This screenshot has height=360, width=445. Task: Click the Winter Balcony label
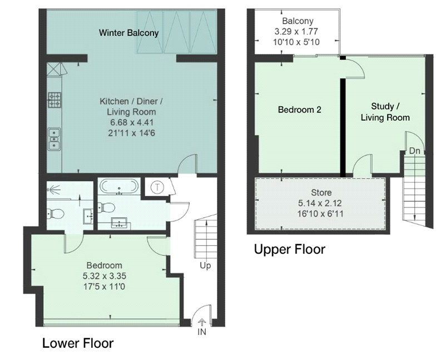pyautogui.click(x=128, y=33)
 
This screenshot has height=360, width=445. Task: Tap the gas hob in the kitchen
pyautogui.click(x=54, y=100)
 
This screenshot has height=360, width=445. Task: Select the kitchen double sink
pyautogui.click(x=54, y=139)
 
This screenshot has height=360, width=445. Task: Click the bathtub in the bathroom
pyautogui.click(x=119, y=186)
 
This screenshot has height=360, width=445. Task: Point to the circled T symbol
pyautogui.click(x=156, y=188)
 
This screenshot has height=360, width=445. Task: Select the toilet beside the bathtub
pyautogui.click(x=106, y=207)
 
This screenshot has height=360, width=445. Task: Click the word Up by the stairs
pyautogui.click(x=205, y=266)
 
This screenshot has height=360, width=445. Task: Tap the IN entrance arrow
pyautogui.click(x=202, y=322)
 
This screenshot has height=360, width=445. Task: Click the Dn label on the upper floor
pyautogui.click(x=414, y=151)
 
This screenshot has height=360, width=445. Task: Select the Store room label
pyautogui.click(x=322, y=193)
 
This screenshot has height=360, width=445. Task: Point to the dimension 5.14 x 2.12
pyautogui.click(x=320, y=203)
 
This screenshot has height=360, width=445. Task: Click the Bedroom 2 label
pyautogui.click(x=299, y=110)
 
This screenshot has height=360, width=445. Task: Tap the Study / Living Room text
pyautogui.click(x=385, y=112)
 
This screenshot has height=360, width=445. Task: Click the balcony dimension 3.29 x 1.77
pyautogui.click(x=296, y=31)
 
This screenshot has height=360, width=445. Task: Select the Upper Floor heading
pyautogui.click(x=289, y=249)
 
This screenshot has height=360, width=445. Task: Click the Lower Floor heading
pyautogui.click(x=78, y=343)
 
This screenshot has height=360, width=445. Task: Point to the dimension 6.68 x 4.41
pyautogui.click(x=132, y=122)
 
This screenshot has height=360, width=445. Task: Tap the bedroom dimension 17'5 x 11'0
pyautogui.click(x=104, y=287)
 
